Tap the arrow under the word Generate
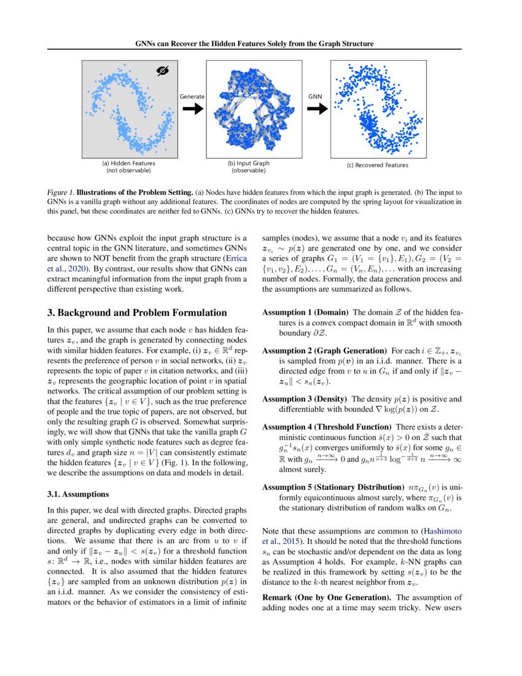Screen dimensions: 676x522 pyautogui.click(x=192, y=109)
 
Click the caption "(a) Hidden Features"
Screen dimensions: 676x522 pyautogui.click(x=128, y=163)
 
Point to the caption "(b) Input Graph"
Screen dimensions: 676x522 pyautogui.click(x=248, y=163)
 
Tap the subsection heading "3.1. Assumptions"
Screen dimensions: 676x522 pyautogui.click(x=77, y=494)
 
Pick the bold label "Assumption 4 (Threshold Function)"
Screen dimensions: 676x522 pyautogui.click(x=327, y=426)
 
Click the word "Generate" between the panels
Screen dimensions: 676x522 pyautogui.click(x=192, y=96)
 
